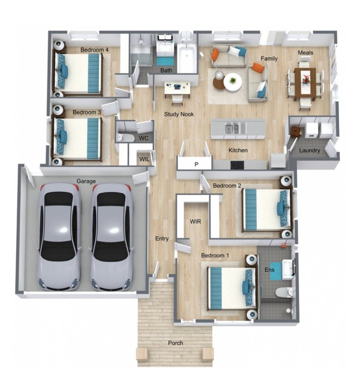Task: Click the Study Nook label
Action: [179, 114]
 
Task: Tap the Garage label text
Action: [86, 181]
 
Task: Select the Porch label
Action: [175, 343]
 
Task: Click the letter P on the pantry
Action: [196, 164]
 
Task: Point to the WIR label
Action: [195, 221]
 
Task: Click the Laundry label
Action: [309, 150]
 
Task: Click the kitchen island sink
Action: [232, 128]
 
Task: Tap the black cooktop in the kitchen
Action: [237, 165]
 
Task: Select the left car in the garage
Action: [60, 237]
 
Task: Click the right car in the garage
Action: [111, 237]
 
